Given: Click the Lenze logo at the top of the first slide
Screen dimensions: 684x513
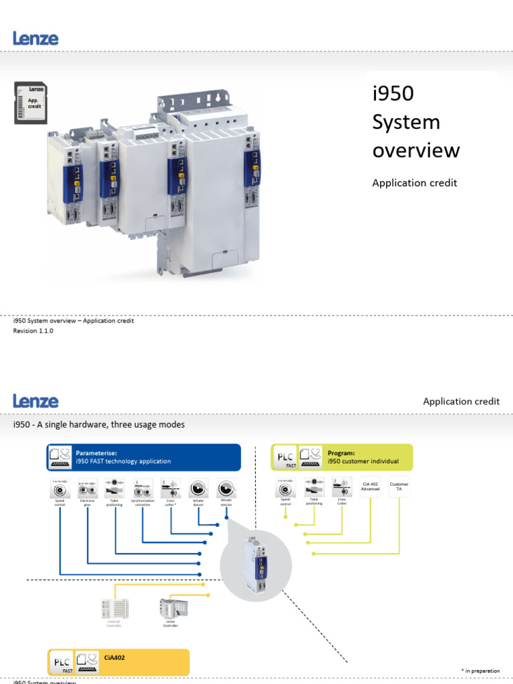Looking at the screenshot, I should (35, 38).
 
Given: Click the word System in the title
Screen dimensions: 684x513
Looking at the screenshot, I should (406, 122).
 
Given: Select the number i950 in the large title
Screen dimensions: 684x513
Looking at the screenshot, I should (393, 94).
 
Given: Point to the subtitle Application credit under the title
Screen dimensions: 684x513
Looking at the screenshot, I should (414, 182).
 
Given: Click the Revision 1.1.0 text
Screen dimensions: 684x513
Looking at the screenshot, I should (33, 331).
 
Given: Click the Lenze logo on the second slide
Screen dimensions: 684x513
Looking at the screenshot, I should (35, 401).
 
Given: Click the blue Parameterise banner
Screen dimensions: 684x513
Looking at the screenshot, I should (144, 457).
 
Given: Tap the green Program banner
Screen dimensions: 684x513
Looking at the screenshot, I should (341, 457).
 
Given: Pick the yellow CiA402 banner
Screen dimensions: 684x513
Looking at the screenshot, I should (118, 662).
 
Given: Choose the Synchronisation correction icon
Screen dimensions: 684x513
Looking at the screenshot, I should (142, 489).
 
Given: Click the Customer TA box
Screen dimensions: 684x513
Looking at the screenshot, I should (399, 487).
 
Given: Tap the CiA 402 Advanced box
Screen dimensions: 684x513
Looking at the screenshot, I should (370, 487).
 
